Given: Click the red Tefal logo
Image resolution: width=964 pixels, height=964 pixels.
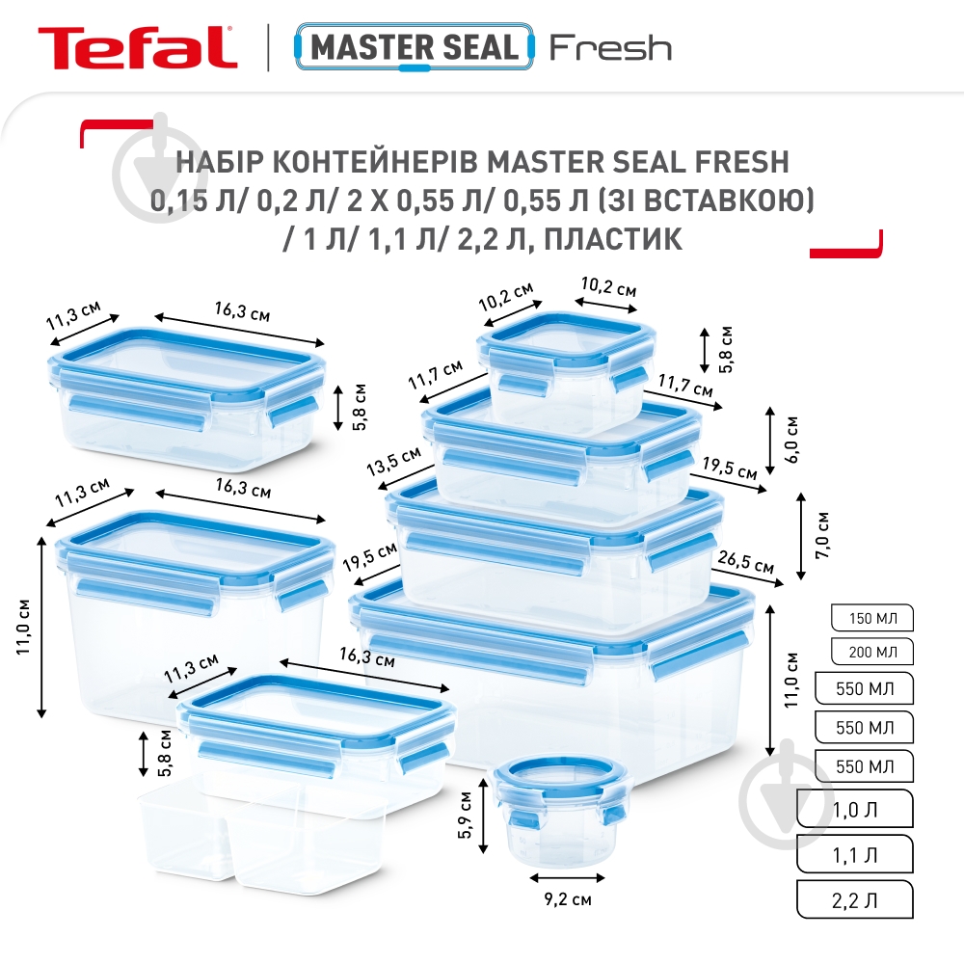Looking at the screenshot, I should click(x=137, y=46).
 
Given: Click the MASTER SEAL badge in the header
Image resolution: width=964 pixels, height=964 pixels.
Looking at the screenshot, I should click(x=416, y=46).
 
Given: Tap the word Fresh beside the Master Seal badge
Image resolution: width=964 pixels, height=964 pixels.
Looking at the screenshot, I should click(x=610, y=47).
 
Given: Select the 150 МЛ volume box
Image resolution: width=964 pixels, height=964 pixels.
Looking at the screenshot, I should click(x=870, y=618).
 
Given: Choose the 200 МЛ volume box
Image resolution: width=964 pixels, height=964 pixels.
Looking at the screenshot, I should click(x=870, y=653).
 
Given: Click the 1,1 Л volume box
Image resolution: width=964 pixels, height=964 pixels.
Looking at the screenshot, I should click(x=854, y=852).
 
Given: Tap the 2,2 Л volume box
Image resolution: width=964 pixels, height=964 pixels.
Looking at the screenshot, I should click(x=854, y=899).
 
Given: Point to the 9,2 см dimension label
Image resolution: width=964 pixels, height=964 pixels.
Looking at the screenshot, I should click(x=569, y=899).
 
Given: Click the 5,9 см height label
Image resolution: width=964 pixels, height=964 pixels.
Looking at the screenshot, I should click(x=466, y=816).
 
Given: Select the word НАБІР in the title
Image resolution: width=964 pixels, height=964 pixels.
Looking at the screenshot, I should click(x=218, y=160).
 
